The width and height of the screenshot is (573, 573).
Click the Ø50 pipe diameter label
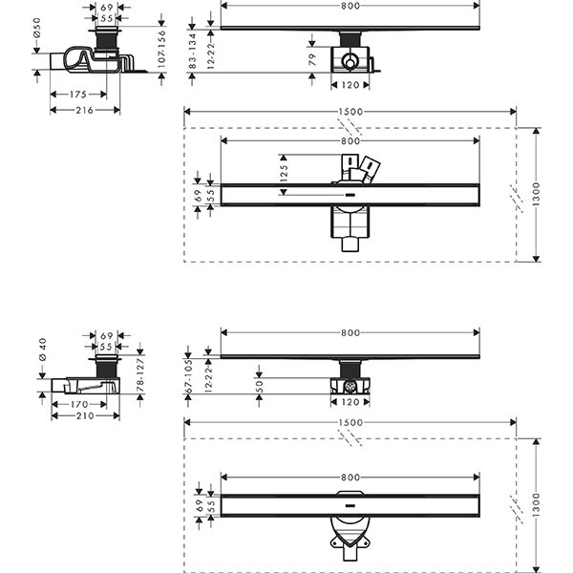(37, 28)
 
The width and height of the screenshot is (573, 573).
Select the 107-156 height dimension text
(161, 49)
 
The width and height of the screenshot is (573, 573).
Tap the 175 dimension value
(78, 95)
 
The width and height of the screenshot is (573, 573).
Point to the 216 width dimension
(85, 110)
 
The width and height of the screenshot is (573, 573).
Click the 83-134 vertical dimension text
(193, 51)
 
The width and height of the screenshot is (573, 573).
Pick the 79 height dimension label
(311, 59)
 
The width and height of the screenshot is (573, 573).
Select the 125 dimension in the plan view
(284, 173)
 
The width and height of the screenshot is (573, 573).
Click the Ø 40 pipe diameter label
(42, 350)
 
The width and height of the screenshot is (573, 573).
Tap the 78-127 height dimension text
(140, 375)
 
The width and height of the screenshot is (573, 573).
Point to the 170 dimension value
(79, 404)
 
